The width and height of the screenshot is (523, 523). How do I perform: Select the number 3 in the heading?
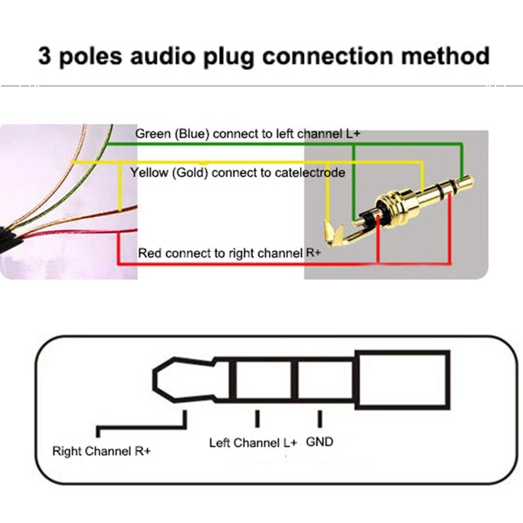(45, 56)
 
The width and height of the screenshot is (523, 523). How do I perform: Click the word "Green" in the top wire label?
(153, 134)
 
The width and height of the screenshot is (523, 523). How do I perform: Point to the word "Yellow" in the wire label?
(148, 172)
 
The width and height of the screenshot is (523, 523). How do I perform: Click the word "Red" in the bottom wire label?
(150, 254)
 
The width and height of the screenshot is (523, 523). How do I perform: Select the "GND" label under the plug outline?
(319, 442)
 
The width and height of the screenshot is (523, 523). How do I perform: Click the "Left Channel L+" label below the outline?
(253, 443)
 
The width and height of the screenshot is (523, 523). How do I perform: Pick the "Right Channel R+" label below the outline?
(101, 451)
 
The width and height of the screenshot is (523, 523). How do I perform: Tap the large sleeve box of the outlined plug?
(403, 379)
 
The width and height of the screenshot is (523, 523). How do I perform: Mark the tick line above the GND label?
(319, 419)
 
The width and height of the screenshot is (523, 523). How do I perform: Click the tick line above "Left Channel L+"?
(257, 419)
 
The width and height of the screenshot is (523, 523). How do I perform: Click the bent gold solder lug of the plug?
(335, 235)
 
